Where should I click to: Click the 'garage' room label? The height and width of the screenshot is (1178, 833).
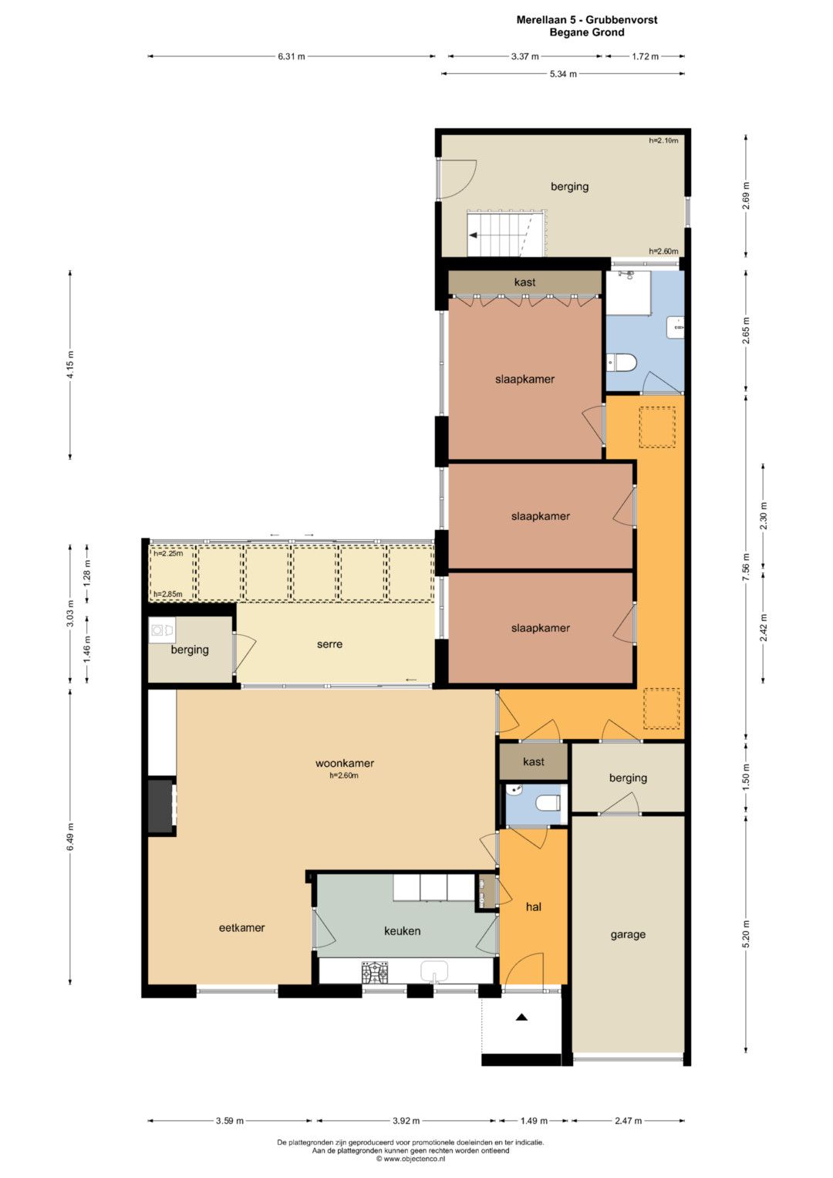tap(627, 935)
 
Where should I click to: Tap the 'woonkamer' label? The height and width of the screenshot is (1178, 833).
tap(345, 763)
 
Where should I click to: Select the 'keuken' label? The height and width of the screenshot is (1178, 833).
tap(403, 931)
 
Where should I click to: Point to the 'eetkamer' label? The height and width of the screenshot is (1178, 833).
tap(241, 928)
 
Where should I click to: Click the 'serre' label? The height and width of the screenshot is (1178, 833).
tap(330, 644)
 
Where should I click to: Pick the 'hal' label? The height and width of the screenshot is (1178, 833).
tap(533, 906)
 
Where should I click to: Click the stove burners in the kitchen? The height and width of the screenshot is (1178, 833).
tap(374, 971)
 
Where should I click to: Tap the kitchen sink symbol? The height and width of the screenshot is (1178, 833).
tap(433, 971)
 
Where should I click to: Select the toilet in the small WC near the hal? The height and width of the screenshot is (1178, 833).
tap(548, 803)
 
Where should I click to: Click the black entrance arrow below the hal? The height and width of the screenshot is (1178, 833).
tap(521, 1018)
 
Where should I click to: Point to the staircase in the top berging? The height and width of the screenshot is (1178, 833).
tap(507, 234)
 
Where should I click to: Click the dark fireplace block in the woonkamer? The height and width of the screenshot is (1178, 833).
tap(160, 805)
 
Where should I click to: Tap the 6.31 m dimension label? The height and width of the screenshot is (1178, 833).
tap(292, 57)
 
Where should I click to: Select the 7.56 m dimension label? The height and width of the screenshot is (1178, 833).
tap(747, 568)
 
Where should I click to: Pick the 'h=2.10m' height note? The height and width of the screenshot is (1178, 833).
tap(663, 140)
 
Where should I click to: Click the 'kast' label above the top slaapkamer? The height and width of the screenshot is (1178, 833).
tap(524, 282)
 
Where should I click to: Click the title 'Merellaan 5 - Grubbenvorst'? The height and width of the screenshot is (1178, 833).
tap(587, 20)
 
